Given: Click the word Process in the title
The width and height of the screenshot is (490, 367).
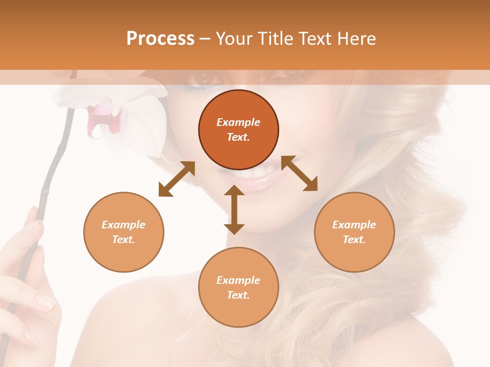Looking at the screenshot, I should click(x=160, y=39).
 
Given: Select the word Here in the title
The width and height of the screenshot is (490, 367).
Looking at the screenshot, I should click(x=357, y=39).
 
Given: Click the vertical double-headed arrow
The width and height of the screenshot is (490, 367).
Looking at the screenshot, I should click(x=234, y=209).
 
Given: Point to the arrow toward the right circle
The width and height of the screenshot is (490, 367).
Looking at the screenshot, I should click(x=300, y=173).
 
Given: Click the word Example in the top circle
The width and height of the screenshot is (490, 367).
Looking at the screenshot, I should click(x=238, y=122).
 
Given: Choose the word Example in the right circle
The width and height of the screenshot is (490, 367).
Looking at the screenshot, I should click(x=354, y=225).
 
